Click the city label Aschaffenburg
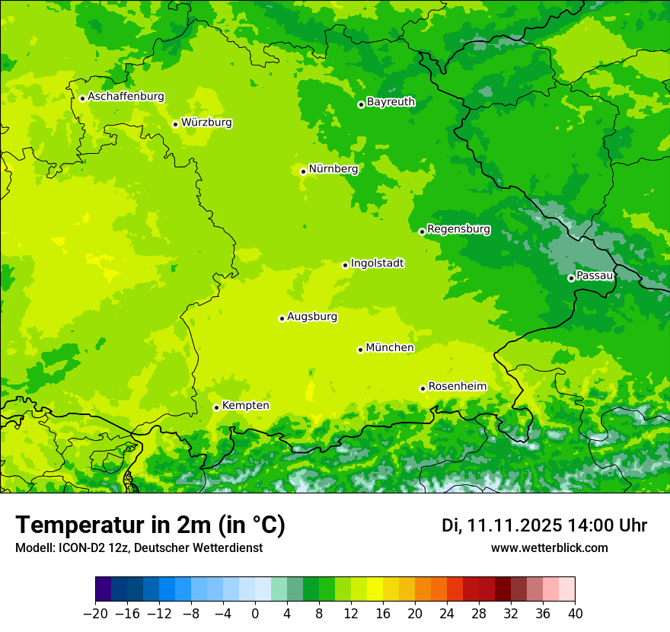tap(126, 97)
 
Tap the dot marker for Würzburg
tap(175, 124)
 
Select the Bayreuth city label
tap(391, 102)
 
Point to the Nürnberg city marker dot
tap(303, 171)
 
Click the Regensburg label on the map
tap(458, 229)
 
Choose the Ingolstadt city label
tap(377, 263)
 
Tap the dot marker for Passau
tap(571, 278)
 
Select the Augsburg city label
tap(312, 317)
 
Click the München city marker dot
tap(360, 350)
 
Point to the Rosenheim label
tap(457, 387)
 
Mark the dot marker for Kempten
tap(216, 407)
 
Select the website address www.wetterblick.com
tap(549, 548)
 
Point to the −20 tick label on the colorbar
tap(95, 614)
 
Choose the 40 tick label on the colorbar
tap(575, 614)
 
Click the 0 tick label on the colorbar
tap(255, 614)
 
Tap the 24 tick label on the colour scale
tap(447, 614)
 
